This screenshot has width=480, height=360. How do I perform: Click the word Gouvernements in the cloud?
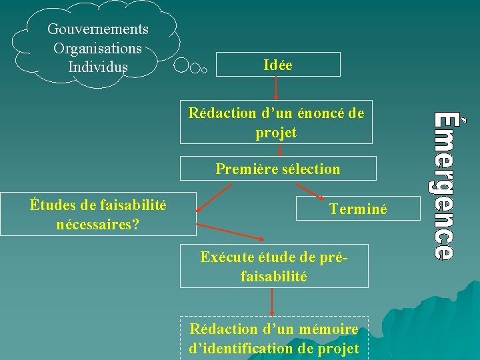pyautogui.click(x=97, y=29)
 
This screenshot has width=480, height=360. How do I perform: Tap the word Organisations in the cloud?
pyautogui.click(x=97, y=49)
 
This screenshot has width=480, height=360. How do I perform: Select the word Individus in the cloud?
pyautogui.click(x=97, y=67)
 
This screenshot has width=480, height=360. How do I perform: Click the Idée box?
pyautogui.click(x=278, y=65)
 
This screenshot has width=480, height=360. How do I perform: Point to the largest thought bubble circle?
pyautogui.click(x=181, y=65)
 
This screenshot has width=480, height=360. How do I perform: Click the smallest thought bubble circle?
pyautogui.click(x=205, y=68)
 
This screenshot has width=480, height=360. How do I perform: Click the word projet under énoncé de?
pyautogui.click(x=276, y=133)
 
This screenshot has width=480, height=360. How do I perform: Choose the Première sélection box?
pyautogui.click(x=277, y=169)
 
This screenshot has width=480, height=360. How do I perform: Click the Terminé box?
pyautogui.click(x=357, y=209)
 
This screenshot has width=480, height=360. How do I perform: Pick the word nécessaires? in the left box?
pyautogui.click(x=98, y=223)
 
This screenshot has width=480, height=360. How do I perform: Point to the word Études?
pyautogui.click(x=52, y=205)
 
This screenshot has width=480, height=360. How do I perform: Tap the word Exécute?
pyautogui.click(x=225, y=257)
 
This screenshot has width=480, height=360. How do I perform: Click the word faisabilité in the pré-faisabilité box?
pyautogui.click(x=274, y=276)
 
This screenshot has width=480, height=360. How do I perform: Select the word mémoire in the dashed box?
pyautogui.click(x=329, y=329)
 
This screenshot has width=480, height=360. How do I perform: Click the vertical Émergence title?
pyautogui.click(x=444, y=185)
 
